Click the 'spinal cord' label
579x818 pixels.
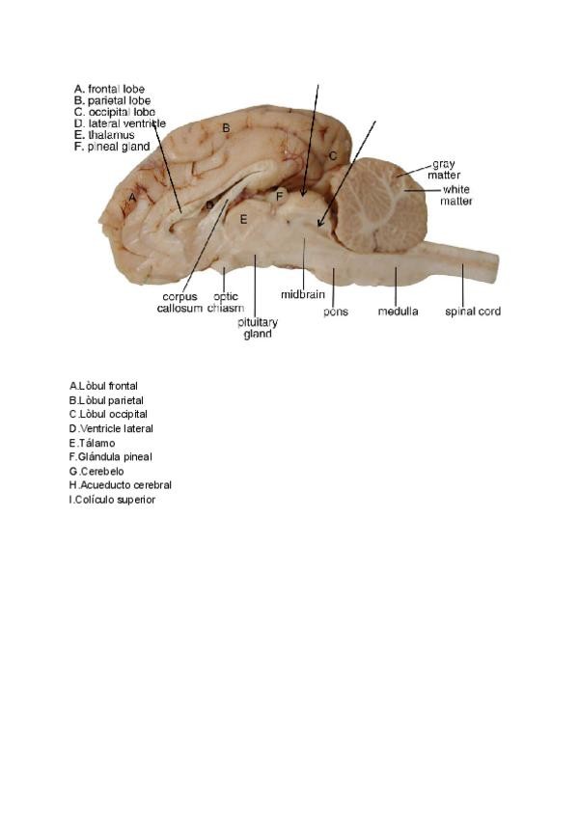(x=472, y=312)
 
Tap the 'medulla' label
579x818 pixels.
(x=398, y=312)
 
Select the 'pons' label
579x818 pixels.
(x=336, y=313)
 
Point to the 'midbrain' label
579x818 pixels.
(x=302, y=294)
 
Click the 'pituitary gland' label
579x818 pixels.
(x=257, y=327)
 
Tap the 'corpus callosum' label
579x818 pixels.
(x=180, y=302)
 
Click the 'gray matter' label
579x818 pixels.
(x=444, y=170)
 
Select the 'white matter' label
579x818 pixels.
(x=456, y=196)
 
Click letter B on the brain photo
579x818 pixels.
(x=226, y=127)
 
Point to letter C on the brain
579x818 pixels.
(x=331, y=155)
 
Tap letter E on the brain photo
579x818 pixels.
(x=244, y=220)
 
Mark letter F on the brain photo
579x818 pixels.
(x=279, y=197)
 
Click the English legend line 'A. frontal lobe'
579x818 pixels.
(x=109, y=89)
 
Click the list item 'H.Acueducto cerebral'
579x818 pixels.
(x=114, y=485)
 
